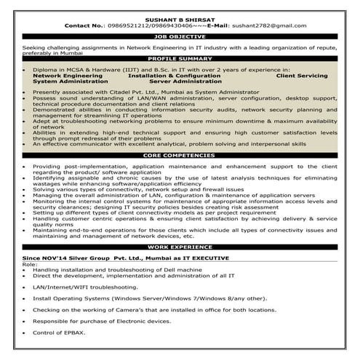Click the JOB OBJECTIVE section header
pos(180,35)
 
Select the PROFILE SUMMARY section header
pos(180,57)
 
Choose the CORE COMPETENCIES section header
pos(180,156)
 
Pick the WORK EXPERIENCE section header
pos(180,247)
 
